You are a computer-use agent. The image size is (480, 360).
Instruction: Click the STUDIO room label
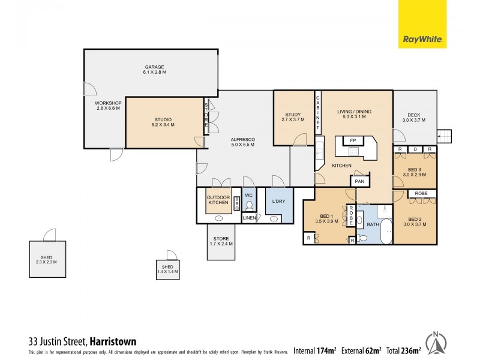163,122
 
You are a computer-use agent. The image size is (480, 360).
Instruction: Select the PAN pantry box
359,181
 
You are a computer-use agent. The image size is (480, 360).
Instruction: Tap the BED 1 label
326,218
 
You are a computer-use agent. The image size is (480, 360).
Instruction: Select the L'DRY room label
278,201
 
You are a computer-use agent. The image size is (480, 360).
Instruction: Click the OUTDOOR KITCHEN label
218,200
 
